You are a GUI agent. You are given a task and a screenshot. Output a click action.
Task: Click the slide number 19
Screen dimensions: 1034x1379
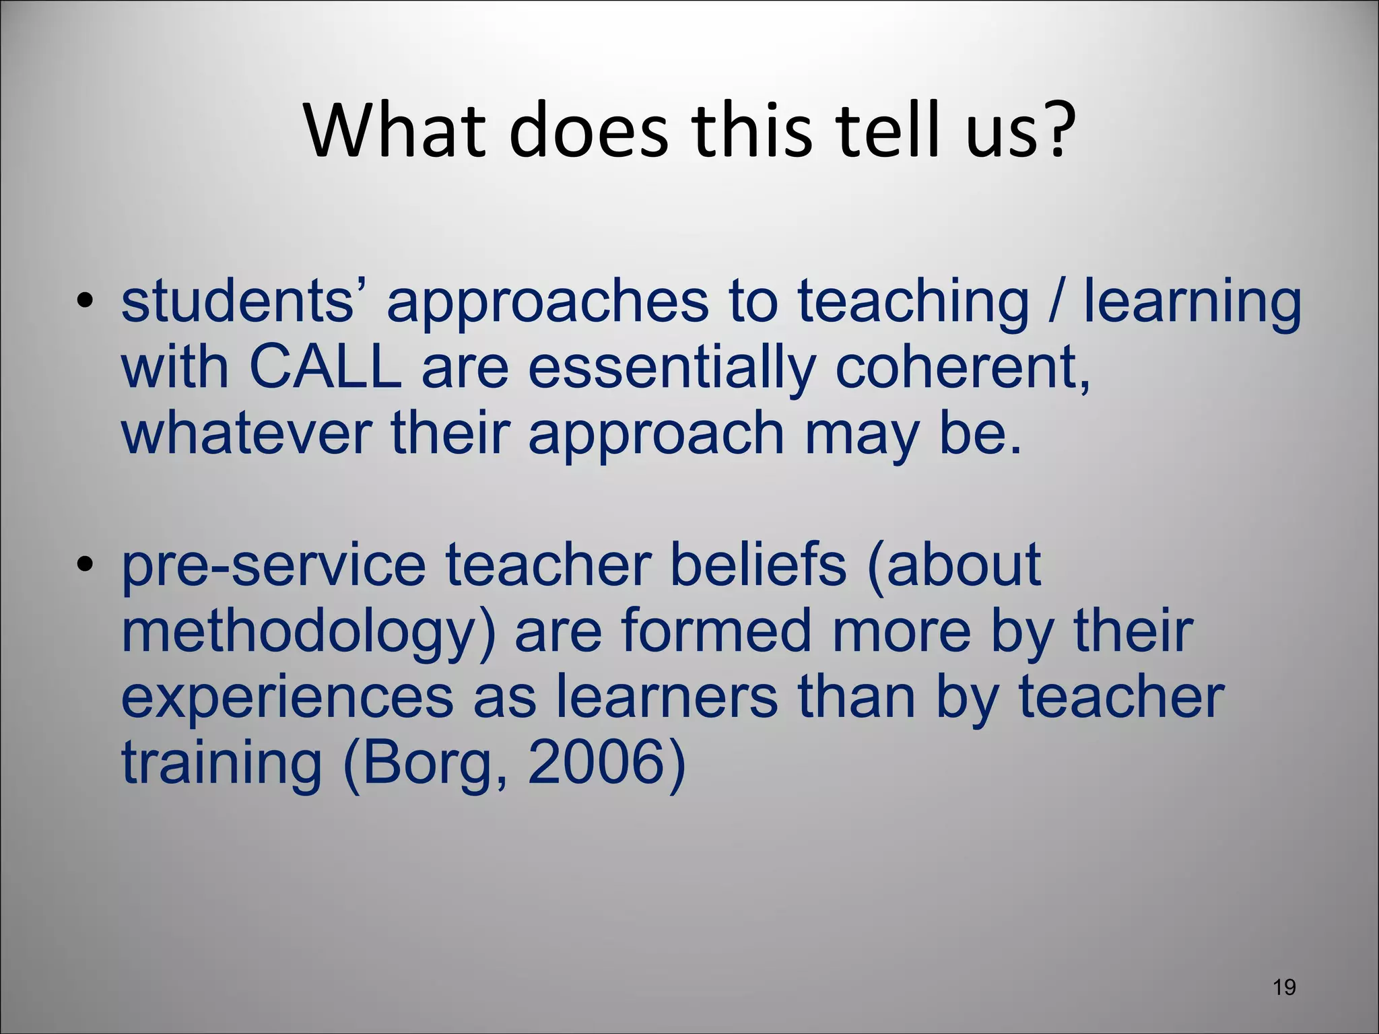1285,988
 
